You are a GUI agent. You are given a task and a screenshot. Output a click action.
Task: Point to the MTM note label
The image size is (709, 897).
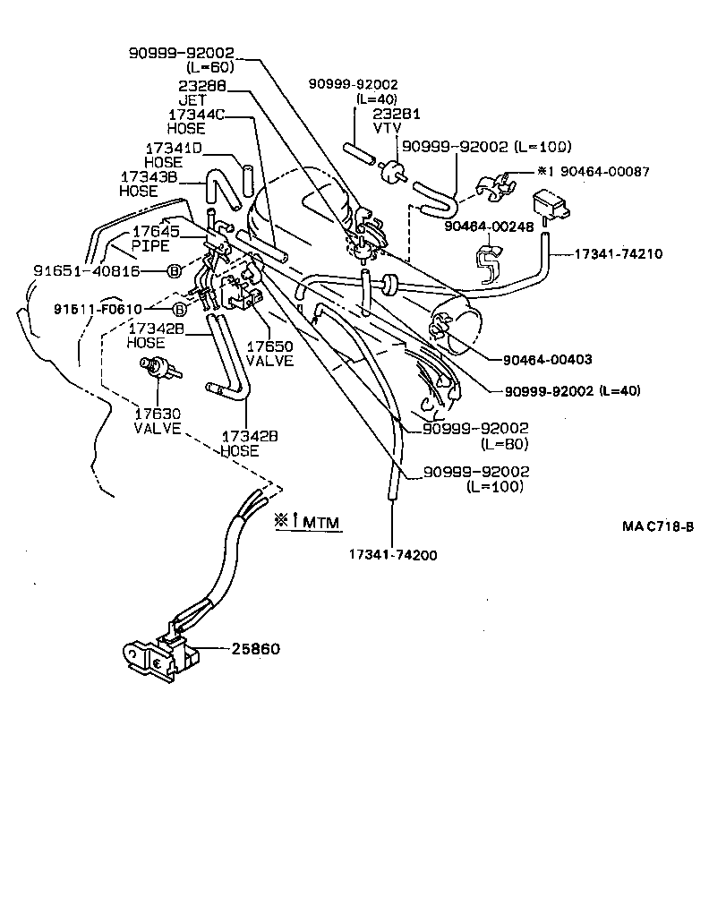coord(310,521)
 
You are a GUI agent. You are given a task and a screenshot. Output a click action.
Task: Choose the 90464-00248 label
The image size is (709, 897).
coord(488,227)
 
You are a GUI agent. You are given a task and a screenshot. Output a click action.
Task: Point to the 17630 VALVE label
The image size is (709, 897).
coord(158,421)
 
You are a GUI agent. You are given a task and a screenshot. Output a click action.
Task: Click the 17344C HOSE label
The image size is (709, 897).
coord(200,122)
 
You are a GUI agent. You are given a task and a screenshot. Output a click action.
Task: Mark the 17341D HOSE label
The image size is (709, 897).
coord(175,155)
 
